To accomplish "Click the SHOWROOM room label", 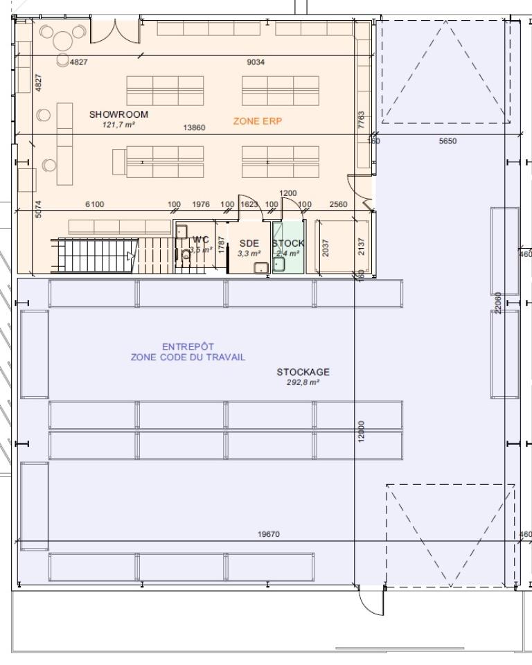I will [118, 114].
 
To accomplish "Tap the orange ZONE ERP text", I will [258, 121].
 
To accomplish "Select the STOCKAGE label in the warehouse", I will [303, 372].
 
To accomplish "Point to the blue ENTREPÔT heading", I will [188, 347].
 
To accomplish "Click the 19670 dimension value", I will [269, 534].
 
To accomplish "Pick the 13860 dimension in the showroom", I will [193, 127].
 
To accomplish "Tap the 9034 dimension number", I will [256, 62].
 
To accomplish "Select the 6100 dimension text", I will [95, 204].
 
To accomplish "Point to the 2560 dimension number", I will [339, 204].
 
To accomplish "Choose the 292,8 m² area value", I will [303, 382].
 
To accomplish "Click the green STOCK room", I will [288, 248].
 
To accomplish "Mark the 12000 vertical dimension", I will [362, 432].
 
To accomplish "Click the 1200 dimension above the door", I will [287, 193].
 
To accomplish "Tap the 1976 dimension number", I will [201, 204].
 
